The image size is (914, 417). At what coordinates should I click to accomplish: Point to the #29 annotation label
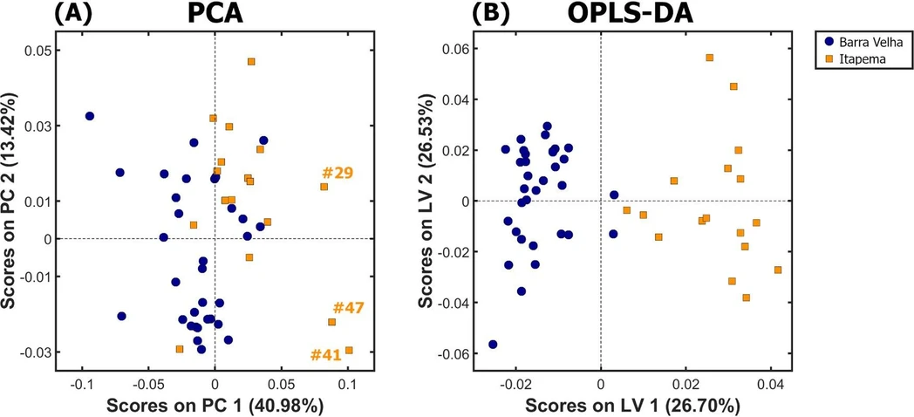click(x=337, y=173)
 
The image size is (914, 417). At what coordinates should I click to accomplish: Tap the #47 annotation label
click(x=348, y=308)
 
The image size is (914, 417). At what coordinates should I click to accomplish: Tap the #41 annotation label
click(x=326, y=354)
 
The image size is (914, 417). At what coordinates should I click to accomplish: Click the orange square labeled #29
click(x=324, y=187)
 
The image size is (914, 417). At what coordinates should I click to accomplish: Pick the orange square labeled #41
click(x=349, y=351)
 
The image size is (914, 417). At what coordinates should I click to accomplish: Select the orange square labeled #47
click(x=331, y=322)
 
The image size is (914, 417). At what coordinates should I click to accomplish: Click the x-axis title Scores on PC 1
click(x=215, y=405)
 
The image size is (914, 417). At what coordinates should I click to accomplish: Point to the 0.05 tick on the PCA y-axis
click(x=38, y=51)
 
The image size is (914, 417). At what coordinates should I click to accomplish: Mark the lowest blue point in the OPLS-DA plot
click(x=493, y=345)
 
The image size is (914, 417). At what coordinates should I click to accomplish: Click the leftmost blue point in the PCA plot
click(x=89, y=116)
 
